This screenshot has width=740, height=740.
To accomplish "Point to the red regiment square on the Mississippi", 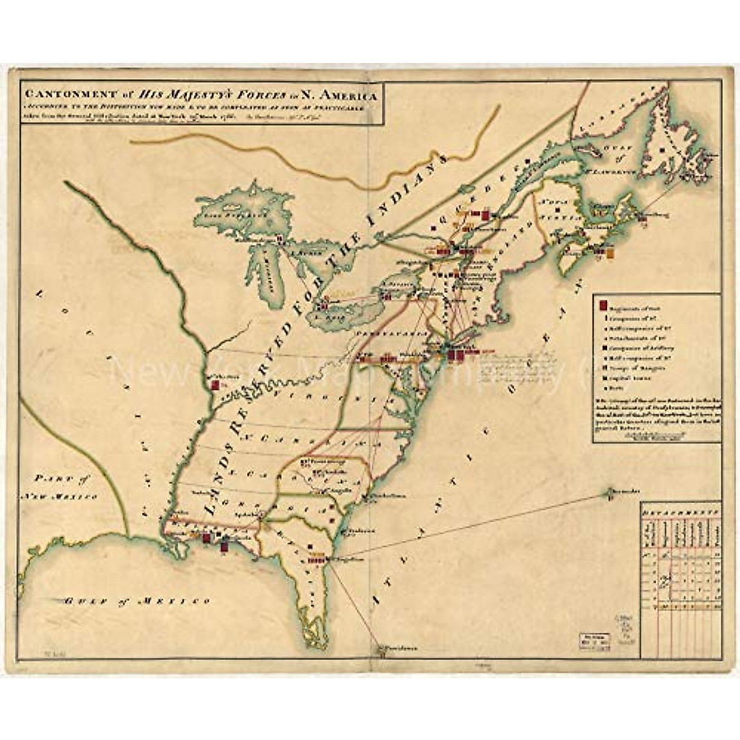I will [x=215, y=385].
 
